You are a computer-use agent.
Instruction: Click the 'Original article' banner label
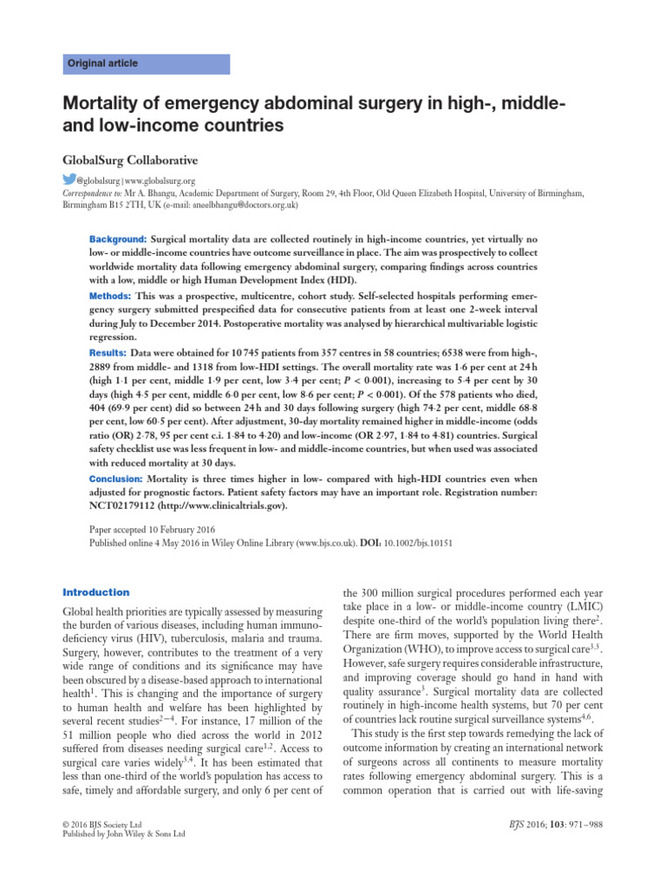103,64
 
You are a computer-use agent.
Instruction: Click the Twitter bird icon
69,180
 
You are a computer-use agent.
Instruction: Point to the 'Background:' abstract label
118,238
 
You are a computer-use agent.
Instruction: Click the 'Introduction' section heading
95,592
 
